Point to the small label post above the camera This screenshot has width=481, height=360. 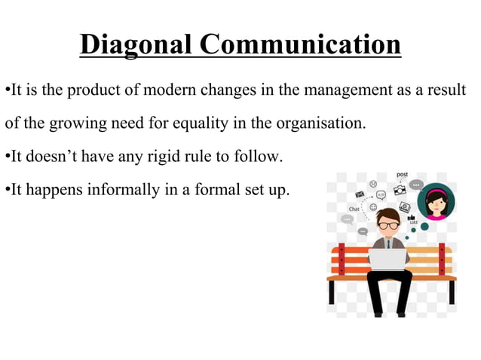point(403,175)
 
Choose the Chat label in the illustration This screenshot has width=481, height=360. point(354,209)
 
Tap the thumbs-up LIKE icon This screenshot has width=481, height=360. point(413,217)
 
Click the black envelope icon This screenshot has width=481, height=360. point(359,194)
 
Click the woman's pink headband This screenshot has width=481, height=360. point(435,192)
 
